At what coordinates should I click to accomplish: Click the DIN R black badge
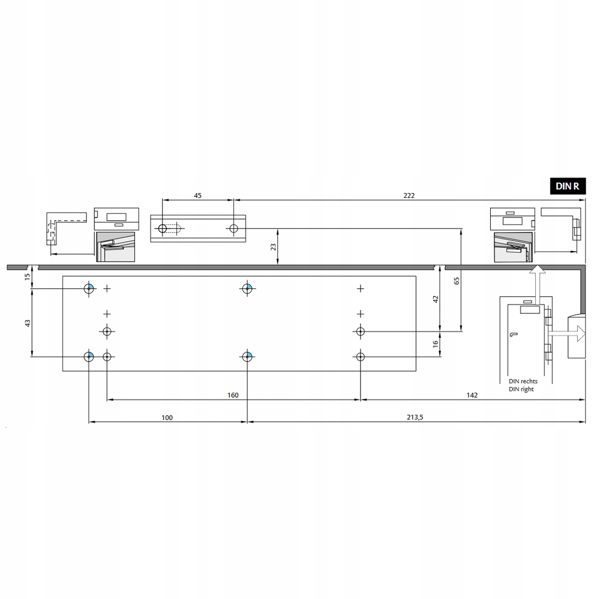tap(568, 186)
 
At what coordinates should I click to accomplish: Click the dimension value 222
tap(409, 196)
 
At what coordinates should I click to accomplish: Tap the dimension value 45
tap(197, 196)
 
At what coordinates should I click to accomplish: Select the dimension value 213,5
tap(415, 418)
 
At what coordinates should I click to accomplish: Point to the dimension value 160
tap(233, 395)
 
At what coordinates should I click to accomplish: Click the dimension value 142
tap(472, 395)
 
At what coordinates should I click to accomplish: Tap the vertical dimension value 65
tap(456, 281)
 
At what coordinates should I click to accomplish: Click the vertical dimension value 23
tap(273, 247)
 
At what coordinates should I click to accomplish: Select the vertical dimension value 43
tap(28, 323)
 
